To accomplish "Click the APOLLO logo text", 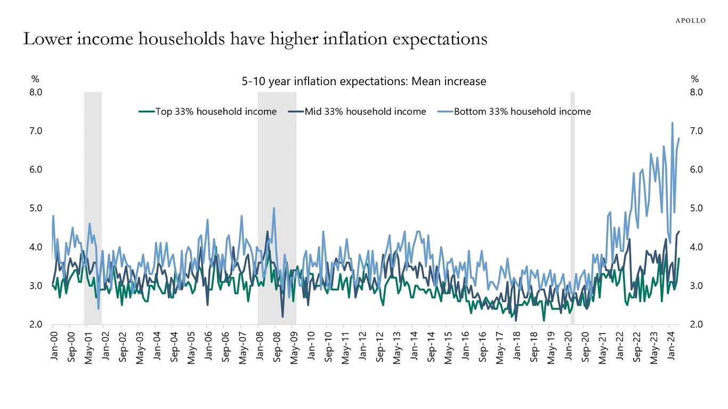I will click(690, 20).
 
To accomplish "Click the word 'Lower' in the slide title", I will click(43, 40).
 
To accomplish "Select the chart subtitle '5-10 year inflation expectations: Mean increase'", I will click(363, 81).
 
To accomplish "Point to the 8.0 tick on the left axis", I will click(36, 92).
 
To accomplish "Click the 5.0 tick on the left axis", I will click(36, 208).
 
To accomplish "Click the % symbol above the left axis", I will click(35, 79).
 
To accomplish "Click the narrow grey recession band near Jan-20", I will click(573, 208).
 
